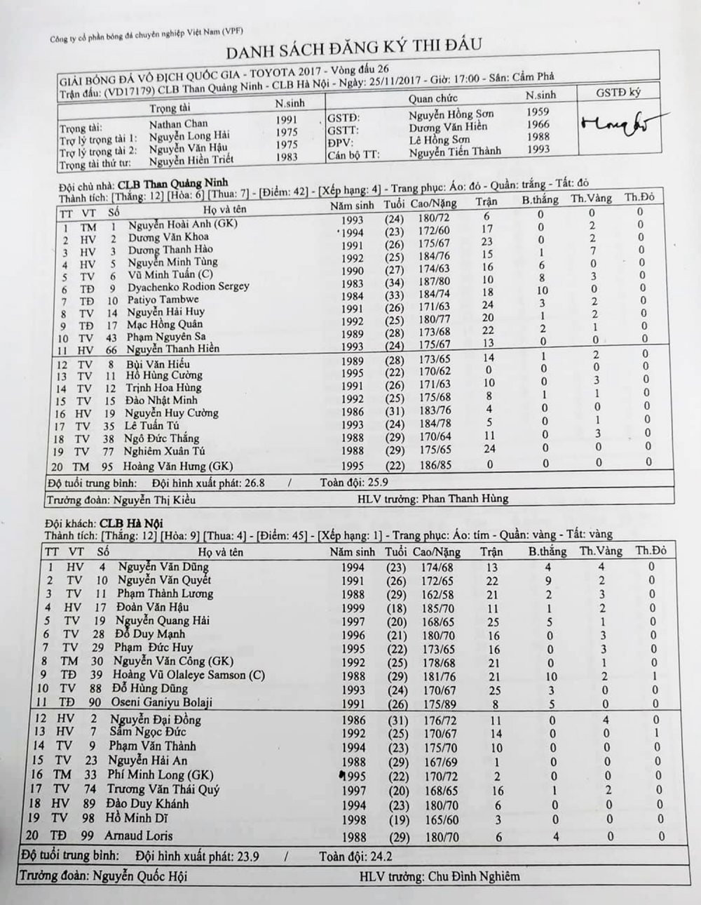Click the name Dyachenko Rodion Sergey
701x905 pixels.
point(188,287)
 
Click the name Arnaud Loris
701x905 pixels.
point(139,836)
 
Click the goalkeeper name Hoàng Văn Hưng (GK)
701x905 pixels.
point(178,466)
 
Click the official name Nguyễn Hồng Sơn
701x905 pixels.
point(452,114)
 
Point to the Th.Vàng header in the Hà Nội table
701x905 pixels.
point(601,551)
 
